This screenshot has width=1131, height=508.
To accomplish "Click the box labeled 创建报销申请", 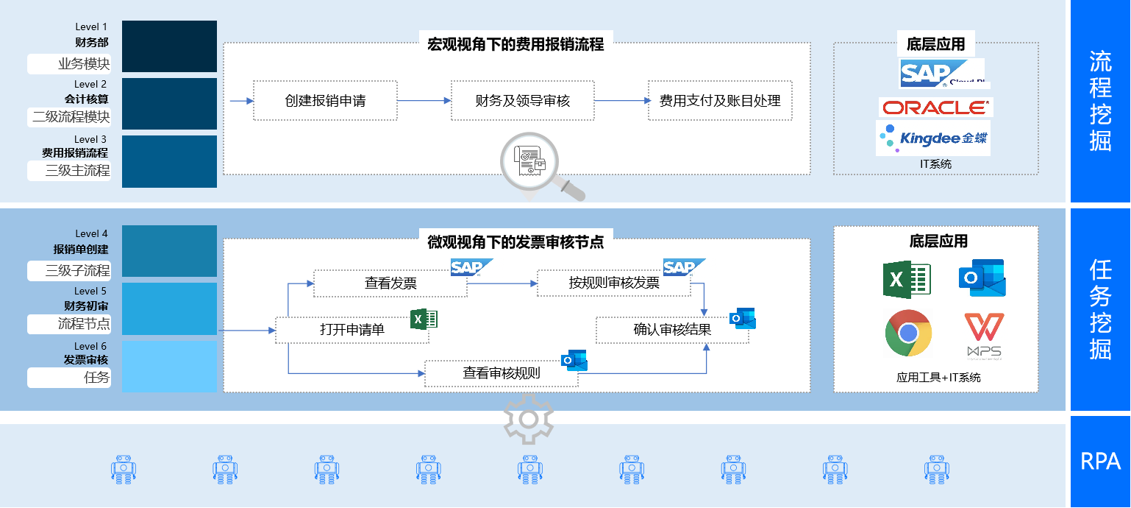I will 325,101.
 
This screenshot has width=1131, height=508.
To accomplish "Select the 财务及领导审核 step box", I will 522,101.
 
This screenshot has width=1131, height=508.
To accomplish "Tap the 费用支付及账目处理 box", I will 719,101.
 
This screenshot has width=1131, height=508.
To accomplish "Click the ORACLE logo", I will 935,107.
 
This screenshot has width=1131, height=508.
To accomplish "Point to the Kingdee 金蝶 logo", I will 932,138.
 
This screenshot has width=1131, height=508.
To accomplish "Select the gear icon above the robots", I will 528,418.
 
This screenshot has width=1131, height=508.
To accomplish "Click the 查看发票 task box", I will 390,283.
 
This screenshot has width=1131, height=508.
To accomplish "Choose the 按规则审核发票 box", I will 613,283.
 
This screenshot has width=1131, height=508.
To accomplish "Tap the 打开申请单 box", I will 352,330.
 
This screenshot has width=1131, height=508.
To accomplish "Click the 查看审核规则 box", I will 501,373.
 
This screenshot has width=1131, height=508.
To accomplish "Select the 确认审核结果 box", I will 671,330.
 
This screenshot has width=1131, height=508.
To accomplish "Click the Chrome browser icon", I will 908,334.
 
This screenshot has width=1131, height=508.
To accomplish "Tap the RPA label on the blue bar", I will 1100,462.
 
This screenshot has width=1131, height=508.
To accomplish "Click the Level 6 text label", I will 90,346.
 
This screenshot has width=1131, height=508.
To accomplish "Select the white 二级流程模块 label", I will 70,116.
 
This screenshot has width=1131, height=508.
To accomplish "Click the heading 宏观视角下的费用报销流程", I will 515,44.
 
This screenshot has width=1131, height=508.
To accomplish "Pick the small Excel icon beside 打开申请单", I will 424,319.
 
